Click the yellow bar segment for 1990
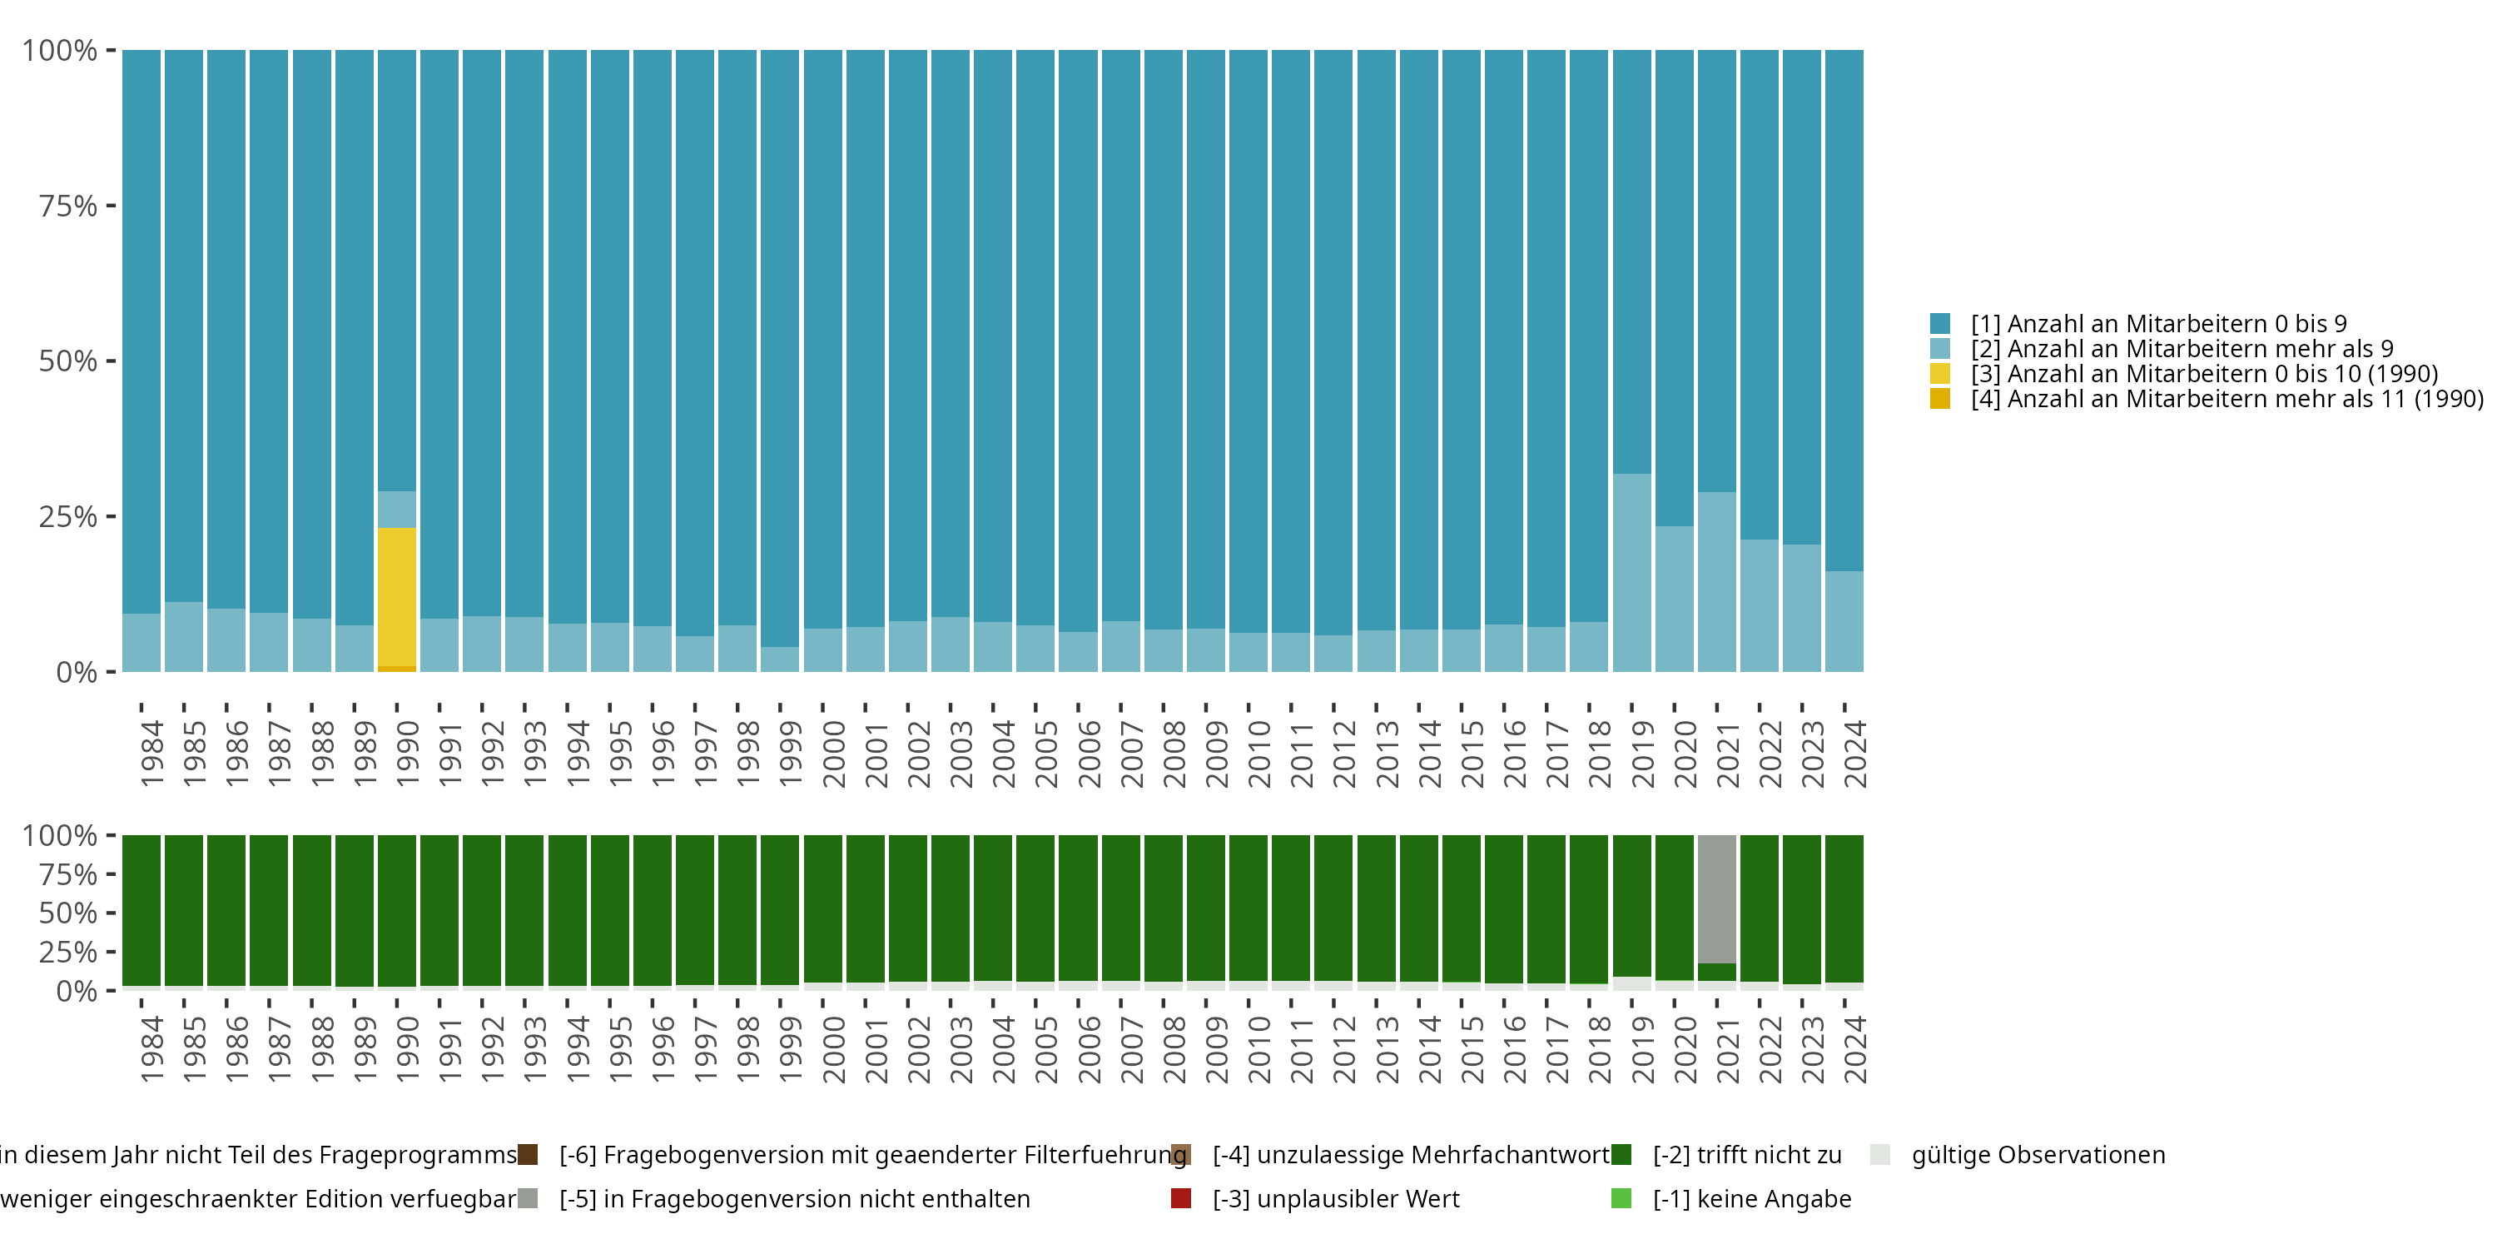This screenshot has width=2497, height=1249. tap(396, 596)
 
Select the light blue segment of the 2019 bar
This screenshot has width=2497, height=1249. tap(1631, 572)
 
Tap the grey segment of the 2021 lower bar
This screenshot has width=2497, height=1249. tap(1716, 899)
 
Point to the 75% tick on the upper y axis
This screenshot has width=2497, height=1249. tap(112, 206)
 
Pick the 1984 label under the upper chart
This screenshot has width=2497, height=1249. tap(152, 754)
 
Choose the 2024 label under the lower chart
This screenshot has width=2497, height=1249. tap(1855, 1049)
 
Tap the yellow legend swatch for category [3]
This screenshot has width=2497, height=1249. tap(1939, 373)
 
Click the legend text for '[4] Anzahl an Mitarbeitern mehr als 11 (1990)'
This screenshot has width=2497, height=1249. tap(2227, 399)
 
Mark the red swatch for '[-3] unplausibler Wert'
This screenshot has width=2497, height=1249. tap(1180, 1198)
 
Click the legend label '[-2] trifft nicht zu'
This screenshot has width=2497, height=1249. tap(1748, 1155)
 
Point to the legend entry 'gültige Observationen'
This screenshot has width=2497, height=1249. tap(2038, 1155)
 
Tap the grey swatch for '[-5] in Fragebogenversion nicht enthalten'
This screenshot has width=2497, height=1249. tap(528, 1198)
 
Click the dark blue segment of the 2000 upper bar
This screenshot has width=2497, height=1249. tap(823, 340)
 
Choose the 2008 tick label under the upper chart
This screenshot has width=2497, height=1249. tap(1174, 754)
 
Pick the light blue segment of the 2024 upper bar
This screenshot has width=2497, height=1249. tap(1844, 622)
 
